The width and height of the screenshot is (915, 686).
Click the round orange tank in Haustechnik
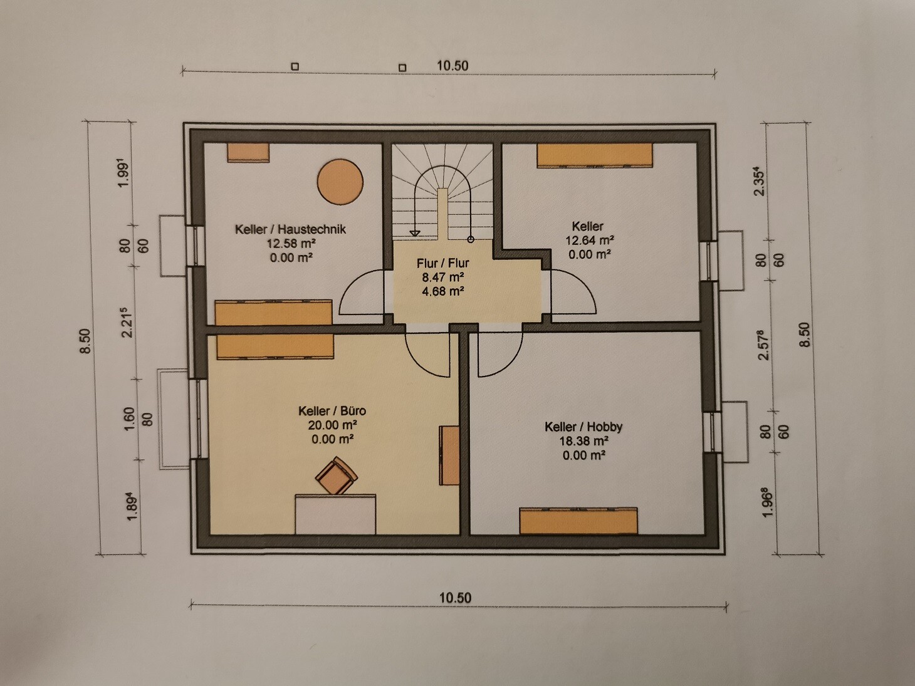coord(340,182)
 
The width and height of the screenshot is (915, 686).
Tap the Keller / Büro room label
coord(332,411)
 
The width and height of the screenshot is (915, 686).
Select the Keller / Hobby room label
coord(583,427)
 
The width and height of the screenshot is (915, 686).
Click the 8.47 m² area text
coord(443,277)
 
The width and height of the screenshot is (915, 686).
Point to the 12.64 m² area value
coord(589,241)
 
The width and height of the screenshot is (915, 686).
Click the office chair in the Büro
coord(337,476)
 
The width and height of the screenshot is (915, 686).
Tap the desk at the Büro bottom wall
coord(335,514)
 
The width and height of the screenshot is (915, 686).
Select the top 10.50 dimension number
coord(452,66)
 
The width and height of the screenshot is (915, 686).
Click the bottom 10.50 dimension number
coord(455,598)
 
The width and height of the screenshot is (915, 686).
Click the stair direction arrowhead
coord(415,234)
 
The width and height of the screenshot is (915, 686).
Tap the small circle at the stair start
coord(471,239)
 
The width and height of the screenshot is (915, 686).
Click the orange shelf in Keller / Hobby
coord(578,520)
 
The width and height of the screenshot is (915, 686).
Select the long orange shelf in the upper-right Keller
coord(595,155)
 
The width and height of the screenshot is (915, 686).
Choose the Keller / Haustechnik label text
coord(290,229)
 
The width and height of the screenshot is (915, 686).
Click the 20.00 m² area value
coord(332,425)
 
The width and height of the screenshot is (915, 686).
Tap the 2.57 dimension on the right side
coord(763,345)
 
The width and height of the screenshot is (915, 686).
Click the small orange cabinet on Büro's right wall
coord(449,455)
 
